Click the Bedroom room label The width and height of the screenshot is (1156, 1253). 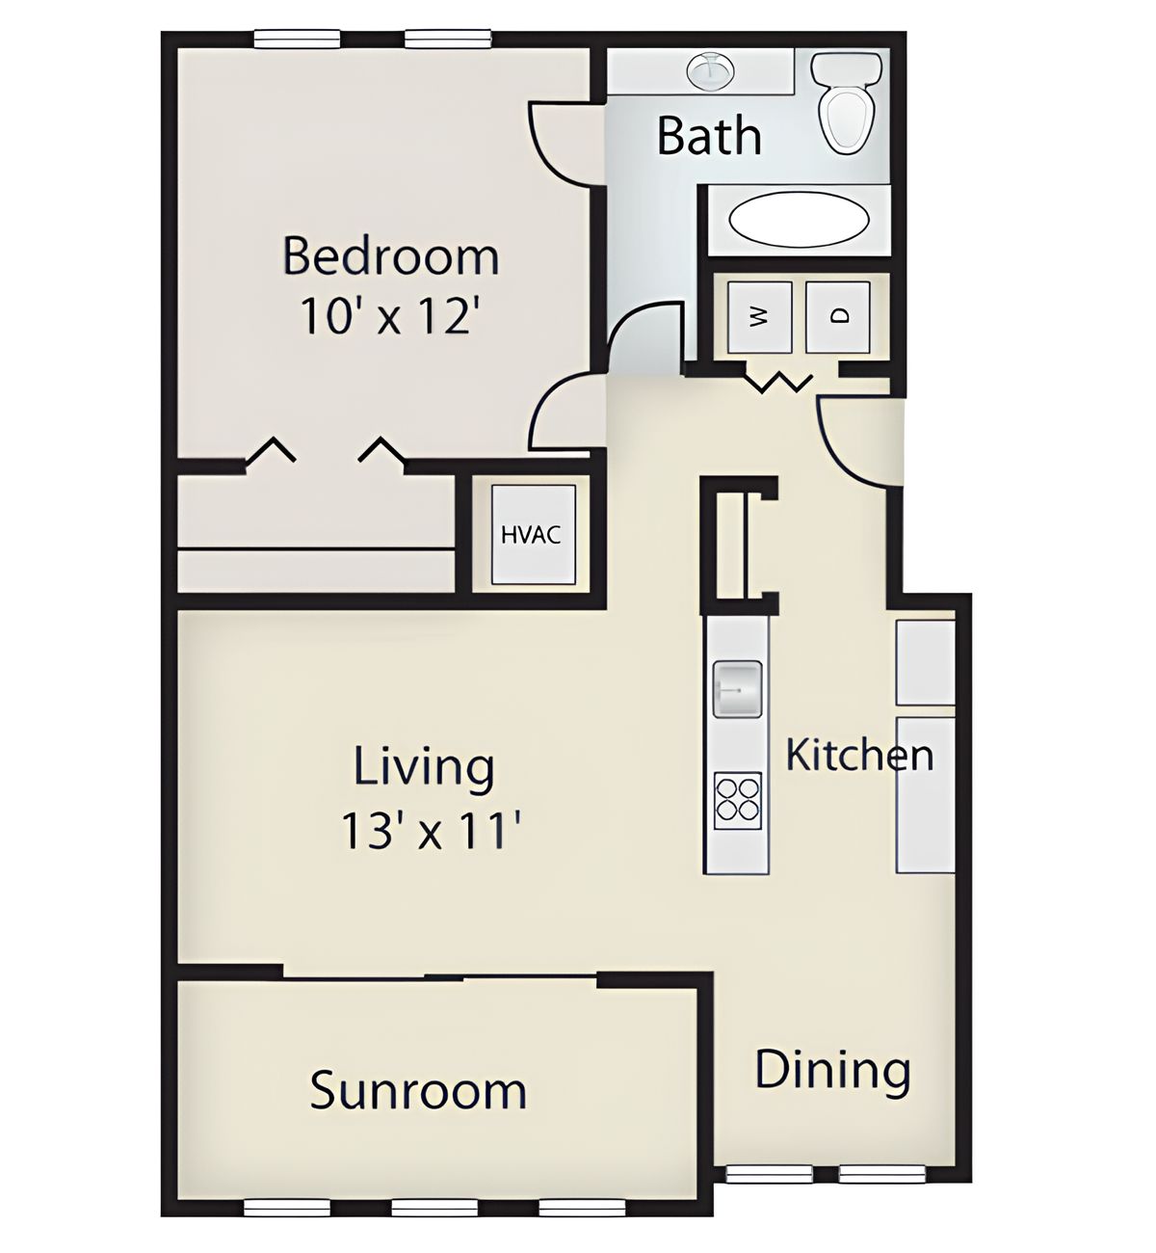(390, 256)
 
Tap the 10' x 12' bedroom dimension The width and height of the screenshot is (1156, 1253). (386, 316)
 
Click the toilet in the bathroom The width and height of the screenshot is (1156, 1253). (846, 102)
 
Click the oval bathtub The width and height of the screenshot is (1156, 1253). (799, 219)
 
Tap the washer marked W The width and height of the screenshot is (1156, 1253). (759, 317)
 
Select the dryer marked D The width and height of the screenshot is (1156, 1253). (837, 317)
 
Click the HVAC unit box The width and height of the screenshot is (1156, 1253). (533, 534)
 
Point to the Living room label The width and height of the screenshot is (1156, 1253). (424, 768)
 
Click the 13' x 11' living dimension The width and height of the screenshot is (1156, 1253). (432, 830)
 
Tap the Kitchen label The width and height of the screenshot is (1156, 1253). (859, 755)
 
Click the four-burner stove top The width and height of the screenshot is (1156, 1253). (737, 801)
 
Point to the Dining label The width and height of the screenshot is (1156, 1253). (832, 1070)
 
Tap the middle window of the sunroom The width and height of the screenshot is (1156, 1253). (434, 1207)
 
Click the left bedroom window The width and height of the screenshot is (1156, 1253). (297, 40)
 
